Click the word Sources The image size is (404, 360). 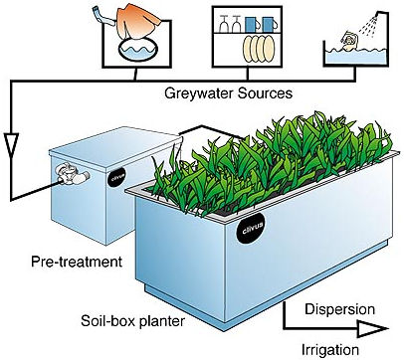(265, 93)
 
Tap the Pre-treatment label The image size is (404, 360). (77, 262)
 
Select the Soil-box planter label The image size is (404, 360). (132, 320)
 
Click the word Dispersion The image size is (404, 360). (339, 309)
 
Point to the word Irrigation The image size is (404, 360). (330, 350)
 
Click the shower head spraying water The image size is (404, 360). (380, 14)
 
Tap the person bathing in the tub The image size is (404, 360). (349, 41)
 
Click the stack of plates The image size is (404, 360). (259, 49)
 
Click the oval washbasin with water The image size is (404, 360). (137, 51)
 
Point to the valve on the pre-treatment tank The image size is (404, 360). (72, 173)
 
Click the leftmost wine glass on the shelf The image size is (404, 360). (223, 24)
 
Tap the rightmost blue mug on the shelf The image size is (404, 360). (268, 24)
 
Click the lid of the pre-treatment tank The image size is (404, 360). (115, 143)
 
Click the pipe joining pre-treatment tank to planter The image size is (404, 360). (213, 130)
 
